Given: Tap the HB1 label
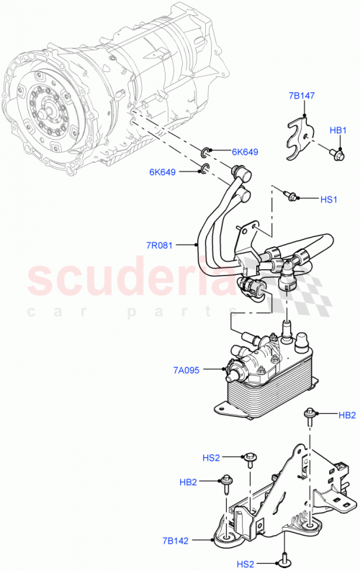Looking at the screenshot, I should (x=338, y=130).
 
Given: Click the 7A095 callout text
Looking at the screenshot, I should (x=187, y=369).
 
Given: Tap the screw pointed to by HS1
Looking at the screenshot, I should (x=290, y=194).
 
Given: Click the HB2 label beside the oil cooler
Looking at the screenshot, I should (x=346, y=415).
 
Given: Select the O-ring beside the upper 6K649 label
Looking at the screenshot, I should (x=206, y=151).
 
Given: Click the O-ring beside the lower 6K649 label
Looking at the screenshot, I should (x=204, y=169).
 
